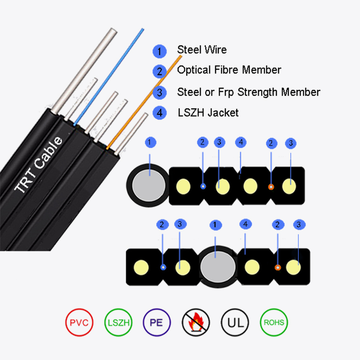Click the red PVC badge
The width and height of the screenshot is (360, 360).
tap(79, 322)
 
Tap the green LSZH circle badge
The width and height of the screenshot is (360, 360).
tap(118, 322)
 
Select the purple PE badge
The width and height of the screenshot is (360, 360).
tap(157, 322)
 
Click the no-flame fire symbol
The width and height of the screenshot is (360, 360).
tap(196, 322)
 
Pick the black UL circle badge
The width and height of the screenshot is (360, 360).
tap(234, 322)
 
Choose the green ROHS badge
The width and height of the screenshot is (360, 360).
tap(274, 322)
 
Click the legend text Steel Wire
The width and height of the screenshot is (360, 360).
tap(202, 49)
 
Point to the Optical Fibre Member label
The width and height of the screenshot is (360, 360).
tap(229, 70)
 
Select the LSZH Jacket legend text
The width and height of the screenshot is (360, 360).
tap(207, 112)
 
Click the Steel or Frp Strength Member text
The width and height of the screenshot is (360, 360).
tap(248, 92)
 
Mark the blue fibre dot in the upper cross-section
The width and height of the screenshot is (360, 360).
tap(203, 186)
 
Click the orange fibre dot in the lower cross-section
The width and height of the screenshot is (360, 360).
tap(278, 267)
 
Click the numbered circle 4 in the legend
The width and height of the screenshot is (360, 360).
tap(159, 113)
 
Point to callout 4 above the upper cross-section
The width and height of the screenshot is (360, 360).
tap(241, 143)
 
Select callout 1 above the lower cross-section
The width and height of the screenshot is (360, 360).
tap(216, 224)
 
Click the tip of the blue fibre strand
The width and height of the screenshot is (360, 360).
tap(143, 30)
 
